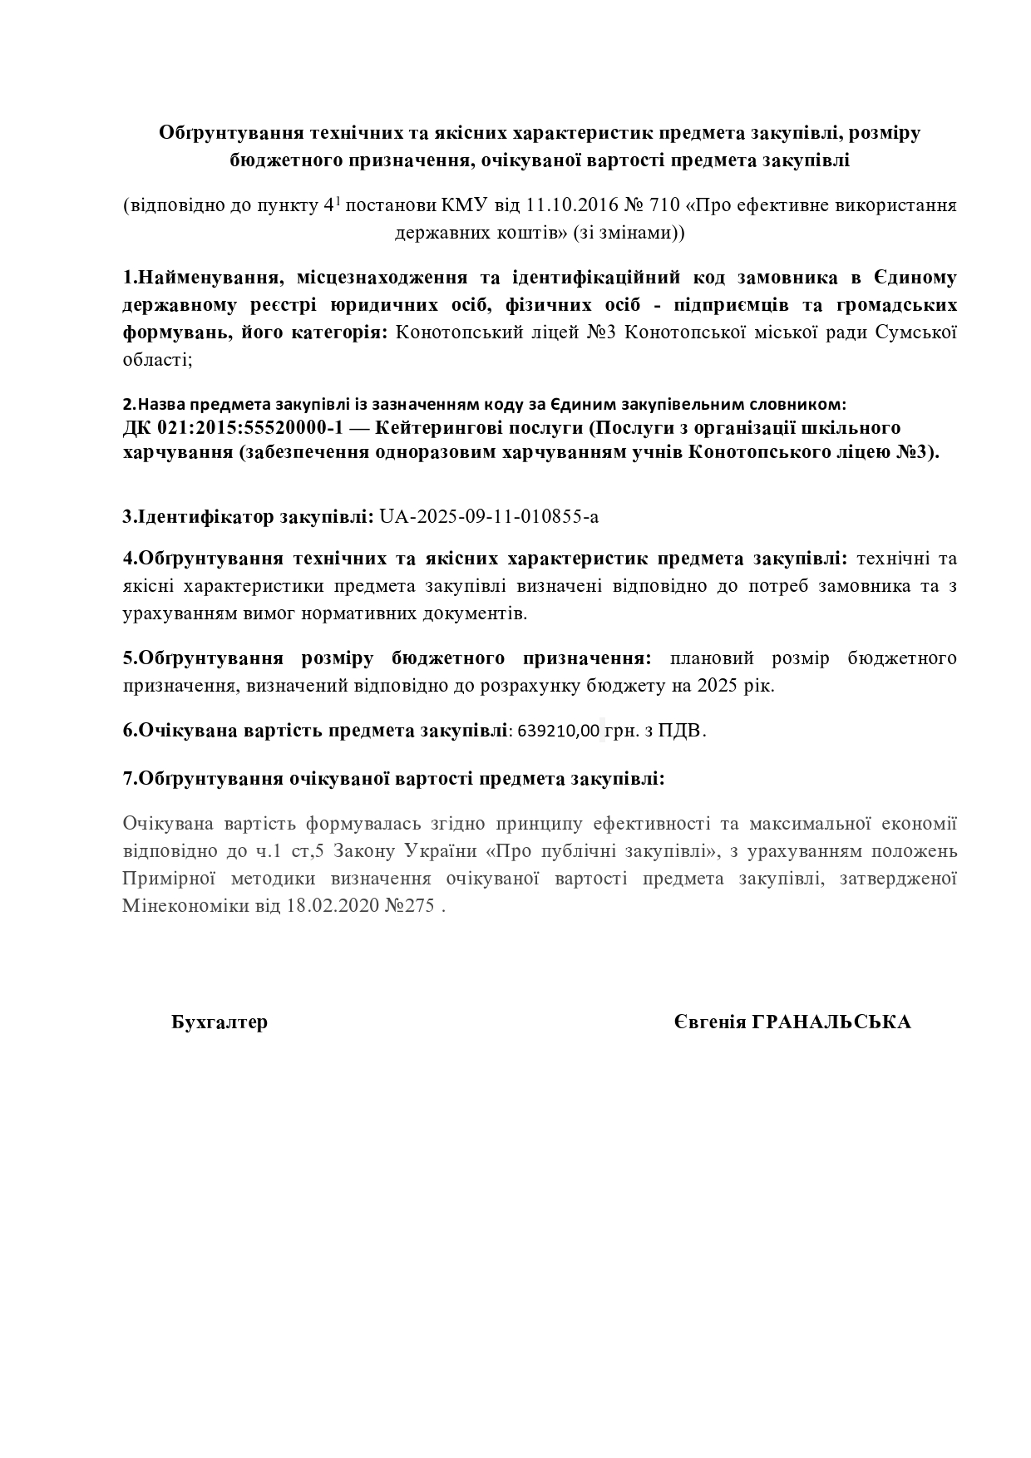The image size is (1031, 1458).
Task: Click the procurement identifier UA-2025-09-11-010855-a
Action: (488, 516)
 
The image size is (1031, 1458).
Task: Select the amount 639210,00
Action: (558, 731)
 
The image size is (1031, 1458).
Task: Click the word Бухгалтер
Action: (220, 1022)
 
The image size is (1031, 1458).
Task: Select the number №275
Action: (410, 906)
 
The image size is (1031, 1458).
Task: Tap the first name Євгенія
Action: (709, 1022)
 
